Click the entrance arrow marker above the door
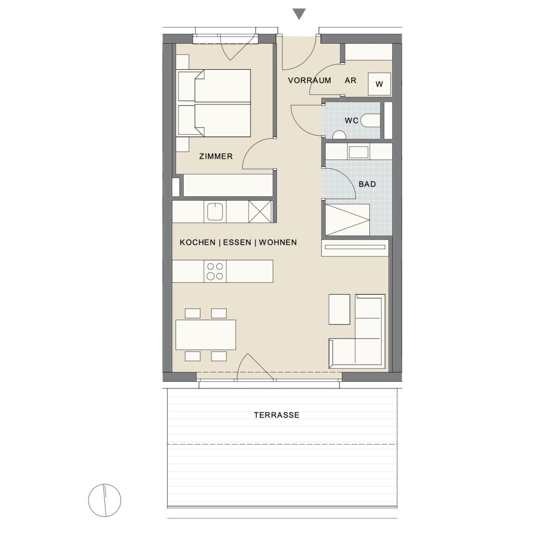(299, 14)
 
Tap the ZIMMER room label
(216, 156)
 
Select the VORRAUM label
(310, 81)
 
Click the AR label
(351, 81)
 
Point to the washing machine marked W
(379, 84)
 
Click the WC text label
(352, 121)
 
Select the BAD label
(367, 184)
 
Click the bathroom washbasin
(359, 151)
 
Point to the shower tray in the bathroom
(347, 220)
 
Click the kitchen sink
(215, 211)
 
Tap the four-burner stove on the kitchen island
(215, 271)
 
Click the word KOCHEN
(198, 242)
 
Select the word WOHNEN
(277, 242)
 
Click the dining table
(206, 335)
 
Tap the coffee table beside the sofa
(339, 309)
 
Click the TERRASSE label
(277, 415)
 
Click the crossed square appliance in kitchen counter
(260, 212)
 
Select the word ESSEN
(237, 242)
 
